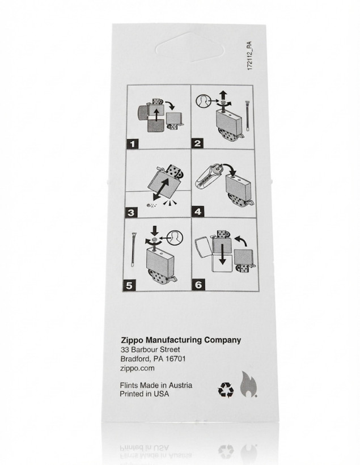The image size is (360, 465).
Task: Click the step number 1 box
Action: click(133, 144)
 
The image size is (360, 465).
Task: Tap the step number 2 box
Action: click(197, 143)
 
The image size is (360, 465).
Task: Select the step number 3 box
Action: click(132, 212)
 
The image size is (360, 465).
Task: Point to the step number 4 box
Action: click(198, 212)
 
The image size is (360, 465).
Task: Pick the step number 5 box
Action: click(129, 285)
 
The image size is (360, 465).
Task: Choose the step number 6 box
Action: click(198, 285)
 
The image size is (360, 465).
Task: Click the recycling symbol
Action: click(226, 390)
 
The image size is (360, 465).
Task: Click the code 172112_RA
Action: click(249, 56)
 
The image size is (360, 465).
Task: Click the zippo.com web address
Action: click(137, 369)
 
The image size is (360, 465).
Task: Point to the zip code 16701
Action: click(176, 358)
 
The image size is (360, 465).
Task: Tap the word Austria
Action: click(181, 385)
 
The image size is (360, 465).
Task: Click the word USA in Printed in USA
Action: click(162, 394)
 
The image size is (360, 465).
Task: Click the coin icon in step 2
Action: click(202, 101)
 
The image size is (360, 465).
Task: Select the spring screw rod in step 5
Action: click(133, 249)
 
